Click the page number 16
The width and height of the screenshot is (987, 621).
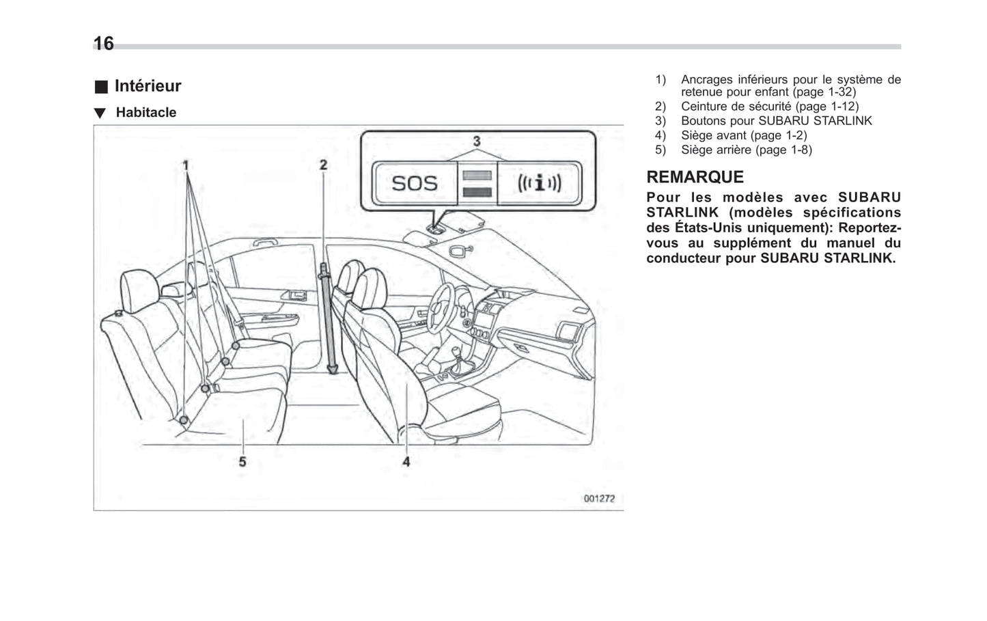point(103,44)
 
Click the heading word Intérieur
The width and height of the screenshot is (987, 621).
point(148,86)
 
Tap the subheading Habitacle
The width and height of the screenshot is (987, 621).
point(145,113)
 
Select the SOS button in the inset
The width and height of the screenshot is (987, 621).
point(415,183)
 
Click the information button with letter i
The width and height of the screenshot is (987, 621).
point(540,183)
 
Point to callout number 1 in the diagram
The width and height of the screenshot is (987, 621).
point(185,165)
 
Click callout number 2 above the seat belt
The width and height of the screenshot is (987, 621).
point(323,165)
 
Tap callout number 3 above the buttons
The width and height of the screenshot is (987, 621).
point(476,141)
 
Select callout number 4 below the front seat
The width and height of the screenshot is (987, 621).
point(406,462)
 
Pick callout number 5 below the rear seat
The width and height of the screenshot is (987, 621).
point(242,462)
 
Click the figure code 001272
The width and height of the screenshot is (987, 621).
point(598,499)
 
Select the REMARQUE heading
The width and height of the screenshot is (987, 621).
point(695,177)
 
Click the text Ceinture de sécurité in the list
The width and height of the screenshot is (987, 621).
point(736,107)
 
